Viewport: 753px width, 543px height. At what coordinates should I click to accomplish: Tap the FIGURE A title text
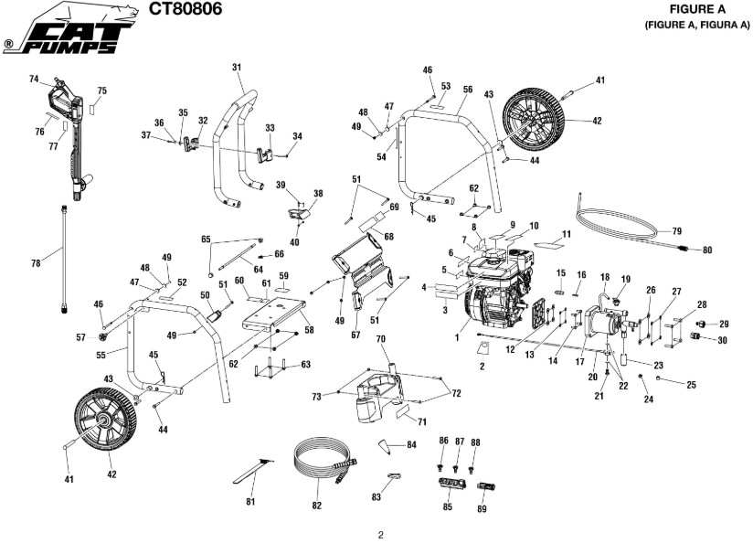coord(697,9)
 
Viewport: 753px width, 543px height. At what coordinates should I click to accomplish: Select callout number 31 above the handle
coord(237,68)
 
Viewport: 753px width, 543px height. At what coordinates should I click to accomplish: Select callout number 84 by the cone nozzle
coord(411,444)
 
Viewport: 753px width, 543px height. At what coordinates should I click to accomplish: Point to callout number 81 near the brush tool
coord(250,500)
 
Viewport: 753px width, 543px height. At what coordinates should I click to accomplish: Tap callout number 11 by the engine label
coord(566,235)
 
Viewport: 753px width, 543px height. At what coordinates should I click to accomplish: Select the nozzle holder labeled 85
coord(447,480)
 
